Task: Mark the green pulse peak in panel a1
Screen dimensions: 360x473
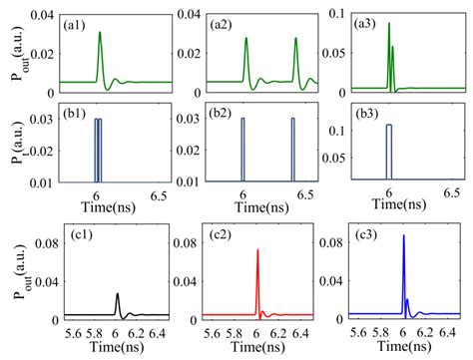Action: coord(99,33)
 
